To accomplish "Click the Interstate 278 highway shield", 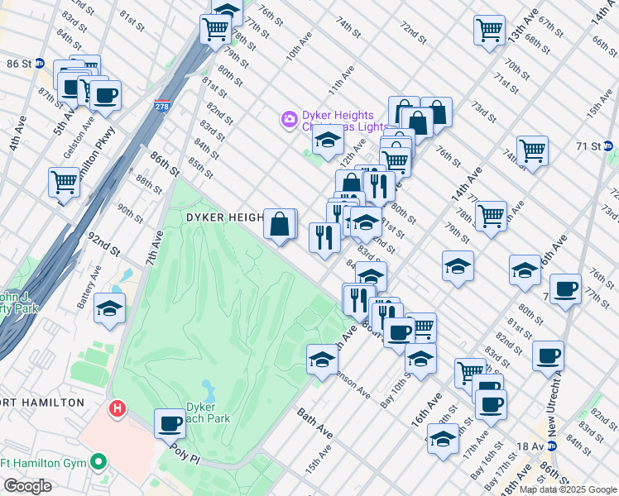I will point(161,107).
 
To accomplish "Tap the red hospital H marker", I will point(118,408).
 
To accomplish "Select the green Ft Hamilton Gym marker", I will point(98,461).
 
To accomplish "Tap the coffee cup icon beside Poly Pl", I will point(170,424).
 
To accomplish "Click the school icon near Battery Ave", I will point(109,309).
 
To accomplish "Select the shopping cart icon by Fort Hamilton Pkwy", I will point(63,181).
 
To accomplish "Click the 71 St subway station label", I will point(593,145).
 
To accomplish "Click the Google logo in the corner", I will point(26,485).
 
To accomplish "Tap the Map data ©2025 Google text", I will point(568,489).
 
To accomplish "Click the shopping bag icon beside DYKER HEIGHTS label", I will point(281,223).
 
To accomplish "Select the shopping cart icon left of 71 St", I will point(532,151).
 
